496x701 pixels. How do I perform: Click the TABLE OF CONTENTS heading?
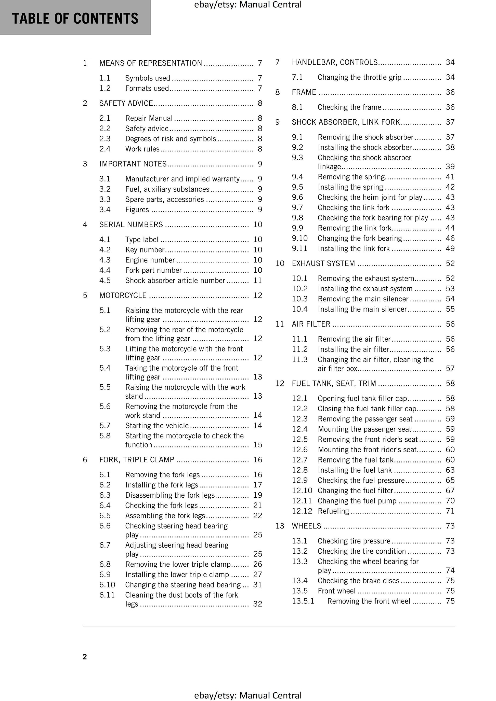[x=75, y=18]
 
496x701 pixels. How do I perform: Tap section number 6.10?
[x=107, y=585]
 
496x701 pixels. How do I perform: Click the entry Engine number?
[x=150, y=260]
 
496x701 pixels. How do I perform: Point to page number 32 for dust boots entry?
[x=257, y=604]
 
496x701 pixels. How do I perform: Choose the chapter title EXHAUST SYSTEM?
[x=323, y=263]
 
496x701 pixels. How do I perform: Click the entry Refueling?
[x=333, y=511]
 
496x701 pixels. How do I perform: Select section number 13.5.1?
[x=303, y=601]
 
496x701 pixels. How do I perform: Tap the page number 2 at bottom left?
[x=85, y=657]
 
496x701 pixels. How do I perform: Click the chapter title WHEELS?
[x=306, y=526]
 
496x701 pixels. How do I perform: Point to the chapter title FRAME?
[x=304, y=92]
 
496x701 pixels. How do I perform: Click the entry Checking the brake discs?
[x=358, y=581]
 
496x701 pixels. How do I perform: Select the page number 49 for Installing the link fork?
[x=450, y=248]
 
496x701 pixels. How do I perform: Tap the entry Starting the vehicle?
[x=157, y=426]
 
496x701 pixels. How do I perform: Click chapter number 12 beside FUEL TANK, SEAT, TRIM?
[x=280, y=384]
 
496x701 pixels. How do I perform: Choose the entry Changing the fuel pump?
[x=357, y=501]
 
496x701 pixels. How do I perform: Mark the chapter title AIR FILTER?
[x=311, y=324]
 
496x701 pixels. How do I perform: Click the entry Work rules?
[x=142, y=149]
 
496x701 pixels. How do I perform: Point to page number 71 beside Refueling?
[x=450, y=511]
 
